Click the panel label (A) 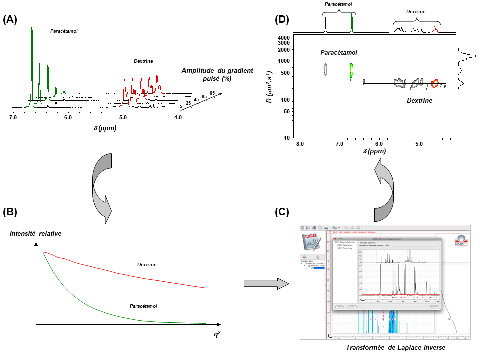[x=10, y=20]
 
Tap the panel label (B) [x=10, y=212]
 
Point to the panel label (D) [x=283, y=20]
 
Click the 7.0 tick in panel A [x=13, y=117]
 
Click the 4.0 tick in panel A [x=178, y=117]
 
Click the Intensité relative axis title [x=35, y=233]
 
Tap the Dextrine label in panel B [x=147, y=264]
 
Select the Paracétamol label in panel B [x=144, y=306]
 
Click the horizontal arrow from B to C [x=266, y=283]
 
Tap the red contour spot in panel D [x=435, y=83]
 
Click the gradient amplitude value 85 [x=213, y=92]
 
